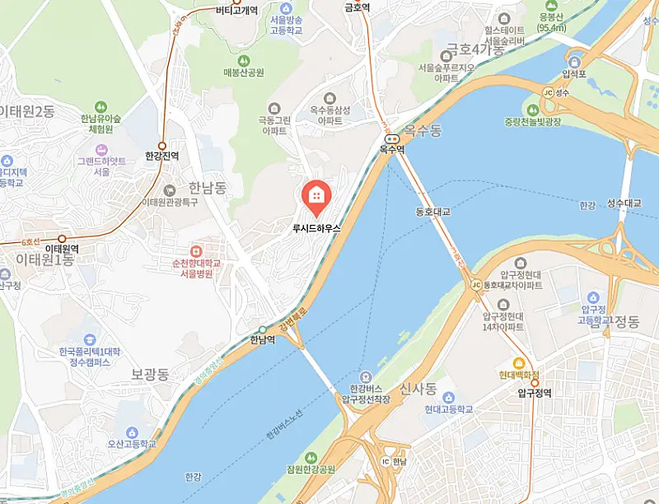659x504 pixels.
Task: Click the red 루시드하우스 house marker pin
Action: pyautogui.click(x=316, y=197)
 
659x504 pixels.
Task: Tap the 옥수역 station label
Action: pyautogui.click(x=392, y=150)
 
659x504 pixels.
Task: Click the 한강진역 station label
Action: pyautogui.click(x=161, y=155)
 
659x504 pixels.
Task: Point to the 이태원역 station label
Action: pyautogui.click(x=61, y=248)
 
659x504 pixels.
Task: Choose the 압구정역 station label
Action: pyautogui.click(x=535, y=393)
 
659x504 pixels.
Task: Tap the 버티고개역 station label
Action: pyautogui.click(x=236, y=11)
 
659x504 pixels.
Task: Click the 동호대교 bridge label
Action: pyautogui.click(x=433, y=212)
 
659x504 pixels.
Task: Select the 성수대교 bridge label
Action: pyautogui.click(x=624, y=203)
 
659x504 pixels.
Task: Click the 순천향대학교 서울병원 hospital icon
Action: pyautogui.click(x=196, y=250)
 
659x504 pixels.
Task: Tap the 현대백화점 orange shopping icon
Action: pyautogui.click(x=519, y=363)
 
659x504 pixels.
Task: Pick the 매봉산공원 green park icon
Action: pyautogui.click(x=243, y=60)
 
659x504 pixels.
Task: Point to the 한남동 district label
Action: pyautogui.click(x=207, y=188)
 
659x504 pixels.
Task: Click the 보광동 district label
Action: pyautogui.click(x=150, y=374)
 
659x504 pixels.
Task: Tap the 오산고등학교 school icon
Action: pyautogui.click(x=131, y=432)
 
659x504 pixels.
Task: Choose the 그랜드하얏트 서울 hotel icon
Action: pyautogui.click(x=102, y=149)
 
